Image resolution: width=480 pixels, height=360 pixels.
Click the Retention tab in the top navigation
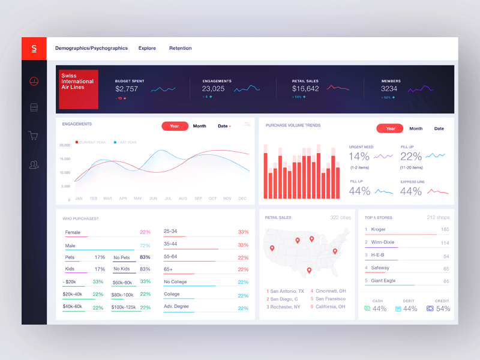(180, 48)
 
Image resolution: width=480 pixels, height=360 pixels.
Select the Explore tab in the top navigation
(147, 48)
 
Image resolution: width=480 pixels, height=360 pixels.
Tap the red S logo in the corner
(34, 48)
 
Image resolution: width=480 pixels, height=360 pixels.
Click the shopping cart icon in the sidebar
(34, 136)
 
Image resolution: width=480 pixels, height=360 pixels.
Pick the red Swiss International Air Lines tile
(78, 90)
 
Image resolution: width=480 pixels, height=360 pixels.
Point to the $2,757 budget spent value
(127, 89)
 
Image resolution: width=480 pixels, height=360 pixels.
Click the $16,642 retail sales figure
(305, 89)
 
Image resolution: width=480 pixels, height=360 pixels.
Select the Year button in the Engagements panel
(175, 126)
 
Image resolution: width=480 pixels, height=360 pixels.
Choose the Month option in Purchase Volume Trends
(416, 128)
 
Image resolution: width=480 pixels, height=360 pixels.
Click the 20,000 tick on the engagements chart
(64, 145)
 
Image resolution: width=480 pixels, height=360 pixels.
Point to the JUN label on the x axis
(153, 199)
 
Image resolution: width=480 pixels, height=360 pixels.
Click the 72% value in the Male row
(145, 245)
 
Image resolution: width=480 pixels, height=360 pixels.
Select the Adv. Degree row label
(176, 307)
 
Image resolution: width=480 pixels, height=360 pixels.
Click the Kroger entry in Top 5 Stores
(378, 229)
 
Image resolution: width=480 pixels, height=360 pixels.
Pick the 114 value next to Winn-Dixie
(445, 243)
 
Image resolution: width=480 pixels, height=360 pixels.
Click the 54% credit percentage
(443, 308)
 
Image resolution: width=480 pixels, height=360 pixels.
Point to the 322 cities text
(340, 217)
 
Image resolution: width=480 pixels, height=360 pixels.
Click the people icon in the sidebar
(34, 164)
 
